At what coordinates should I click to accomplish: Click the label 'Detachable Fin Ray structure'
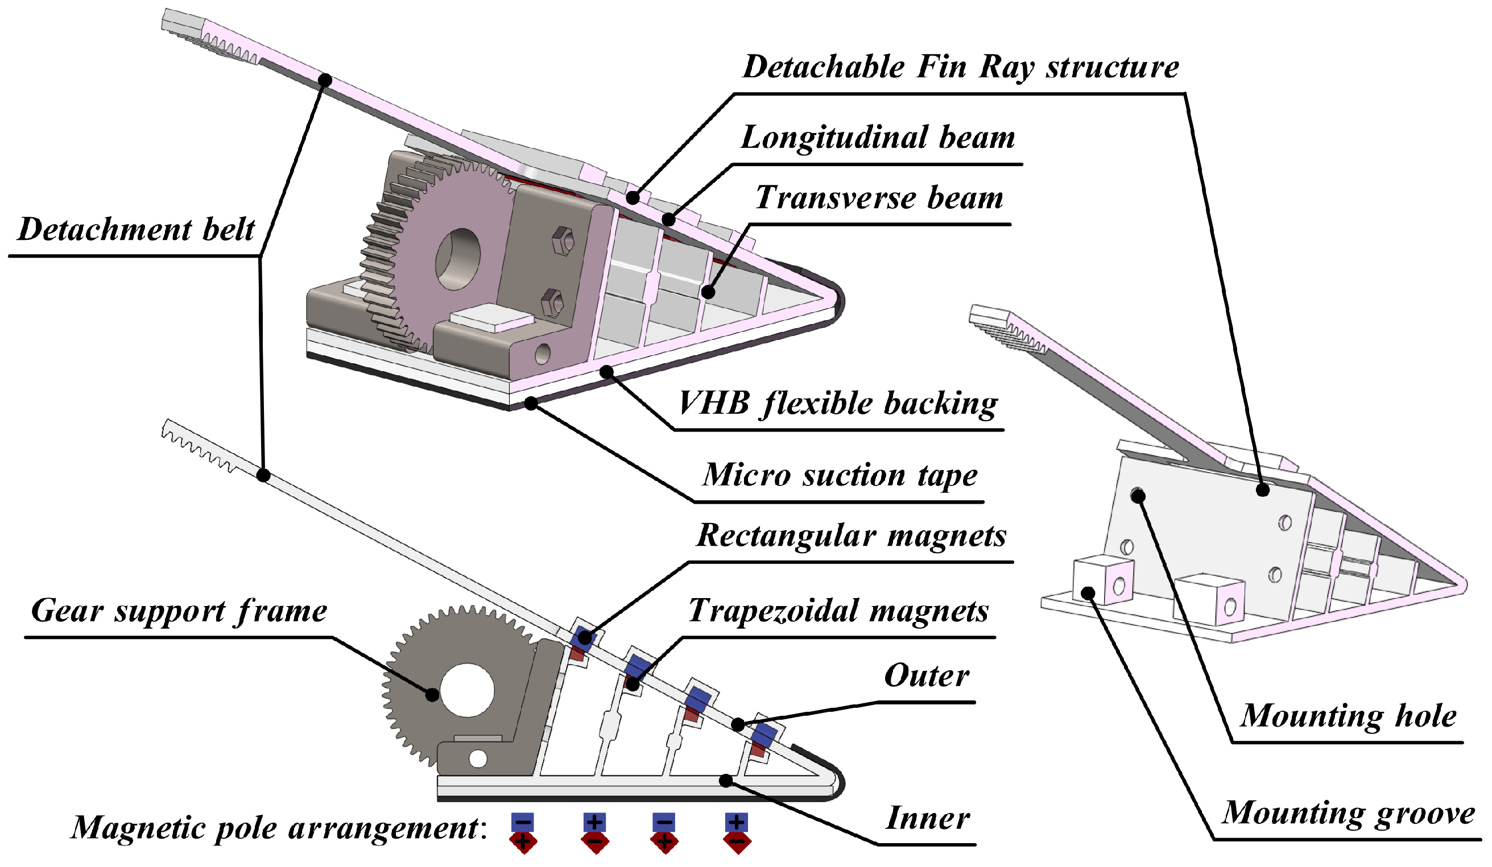[x=960, y=67]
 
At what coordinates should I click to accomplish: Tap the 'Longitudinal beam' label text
[x=878, y=138]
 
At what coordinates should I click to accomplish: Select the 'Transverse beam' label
[x=879, y=198]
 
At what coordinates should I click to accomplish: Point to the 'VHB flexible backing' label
[x=837, y=404]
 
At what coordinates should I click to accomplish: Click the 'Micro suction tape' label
[x=840, y=475]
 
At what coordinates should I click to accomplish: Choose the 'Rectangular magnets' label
[x=851, y=535]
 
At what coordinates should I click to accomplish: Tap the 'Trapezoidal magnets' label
[x=838, y=611]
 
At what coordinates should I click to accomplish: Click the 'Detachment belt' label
[x=136, y=230]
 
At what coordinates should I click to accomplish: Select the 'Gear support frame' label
[x=179, y=611]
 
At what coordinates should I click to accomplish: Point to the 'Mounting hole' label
[x=1348, y=716]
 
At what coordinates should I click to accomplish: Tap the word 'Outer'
[x=926, y=676]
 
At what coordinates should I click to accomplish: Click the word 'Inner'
[x=927, y=819]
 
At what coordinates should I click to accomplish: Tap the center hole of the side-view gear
[x=467, y=691]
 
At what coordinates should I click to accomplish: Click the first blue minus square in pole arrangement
[x=522, y=822]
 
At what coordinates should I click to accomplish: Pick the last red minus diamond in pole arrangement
[x=737, y=841]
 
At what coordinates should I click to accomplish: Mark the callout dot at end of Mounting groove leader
[x=1088, y=592]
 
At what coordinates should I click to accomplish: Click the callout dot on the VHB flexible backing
[x=606, y=372]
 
